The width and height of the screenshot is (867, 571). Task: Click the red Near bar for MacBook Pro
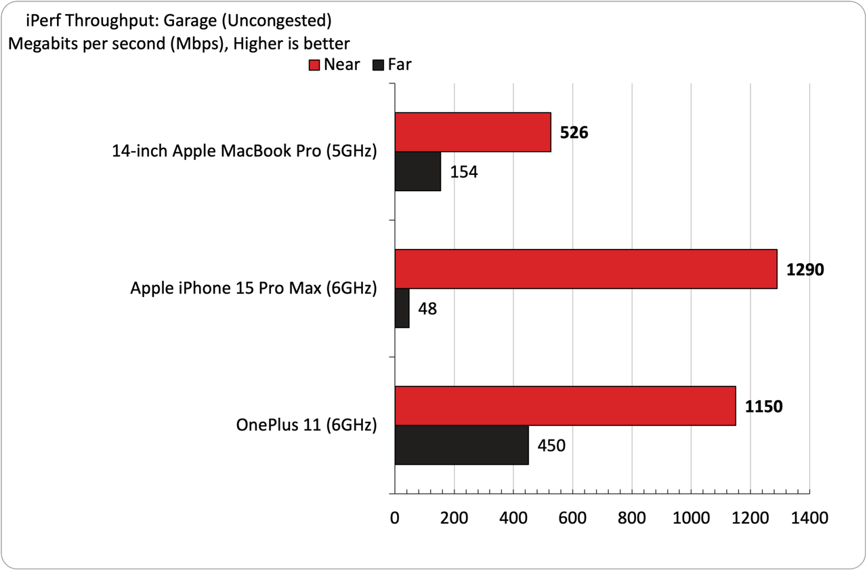pyautogui.click(x=473, y=132)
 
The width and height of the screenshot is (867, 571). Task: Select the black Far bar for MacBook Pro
pyautogui.click(x=418, y=171)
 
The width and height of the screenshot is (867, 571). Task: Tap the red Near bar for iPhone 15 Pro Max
pyautogui.click(x=586, y=269)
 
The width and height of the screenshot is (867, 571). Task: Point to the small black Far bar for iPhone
pyautogui.click(x=402, y=309)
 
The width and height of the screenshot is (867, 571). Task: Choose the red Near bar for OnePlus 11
pyautogui.click(x=566, y=406)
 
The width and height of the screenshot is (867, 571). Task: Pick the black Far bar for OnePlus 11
pyautogui.click(x=462, y=445)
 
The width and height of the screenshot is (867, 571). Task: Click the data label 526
pyautogui.click(x=574, y=132)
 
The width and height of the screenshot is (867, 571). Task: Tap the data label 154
pyautogui.click(x=464, y=172)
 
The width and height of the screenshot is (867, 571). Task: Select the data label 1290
pyautogui.click(x=805, y=270)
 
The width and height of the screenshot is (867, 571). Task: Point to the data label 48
pyautogui.click(x=427, y=309)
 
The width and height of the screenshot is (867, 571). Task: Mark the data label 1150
pyautogui.click(x=763, y=406)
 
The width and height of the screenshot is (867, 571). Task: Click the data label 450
pyautogui.click(x=551, y=446)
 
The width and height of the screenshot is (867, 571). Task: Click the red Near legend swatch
pyautogui.click(x=314, y=65)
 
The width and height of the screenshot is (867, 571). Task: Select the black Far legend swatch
pyautogui.click(x=378, y=65)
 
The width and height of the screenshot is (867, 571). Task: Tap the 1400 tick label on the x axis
pyautogui.click(x=809, y=518)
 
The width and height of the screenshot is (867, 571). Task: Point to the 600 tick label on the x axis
pyautogui.click(x=572, y=518)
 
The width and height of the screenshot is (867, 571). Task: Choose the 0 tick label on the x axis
pyautogui.click(x=394, y=518)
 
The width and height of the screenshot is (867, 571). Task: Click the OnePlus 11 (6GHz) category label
pyautogui.click(x=307, y=425)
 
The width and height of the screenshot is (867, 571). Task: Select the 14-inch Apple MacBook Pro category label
pyautogui.click(x=245, y=151)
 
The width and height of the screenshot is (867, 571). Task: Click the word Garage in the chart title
pyautogui.click(x=190, y=20)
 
